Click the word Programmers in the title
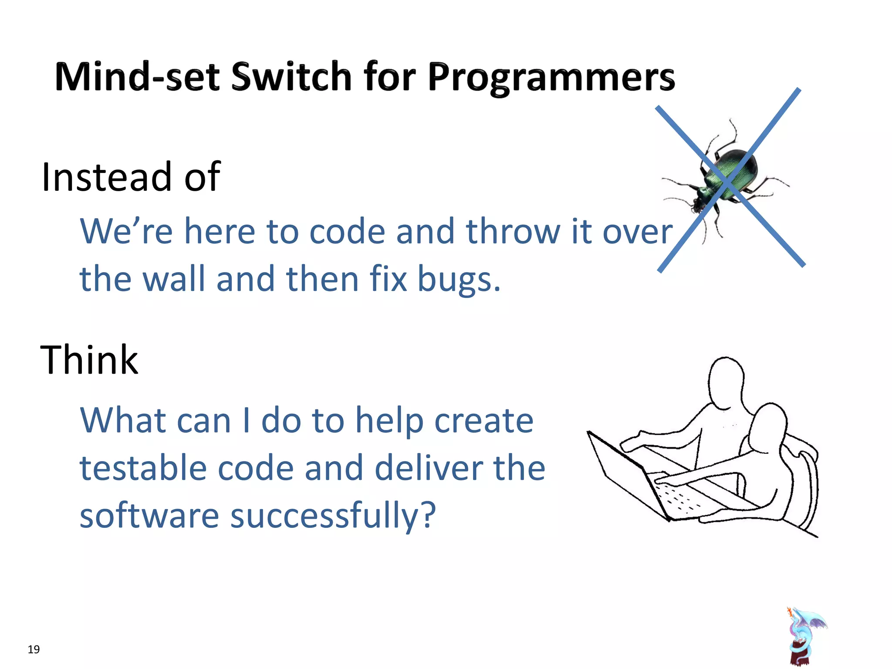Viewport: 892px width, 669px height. (551, 78)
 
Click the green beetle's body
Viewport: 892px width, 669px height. (732, 174)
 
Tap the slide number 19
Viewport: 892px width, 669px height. (34, 649)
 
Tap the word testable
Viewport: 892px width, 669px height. (143, 468)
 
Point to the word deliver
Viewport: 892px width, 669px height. (429, 468)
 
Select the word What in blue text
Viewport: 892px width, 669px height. (123, 421)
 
